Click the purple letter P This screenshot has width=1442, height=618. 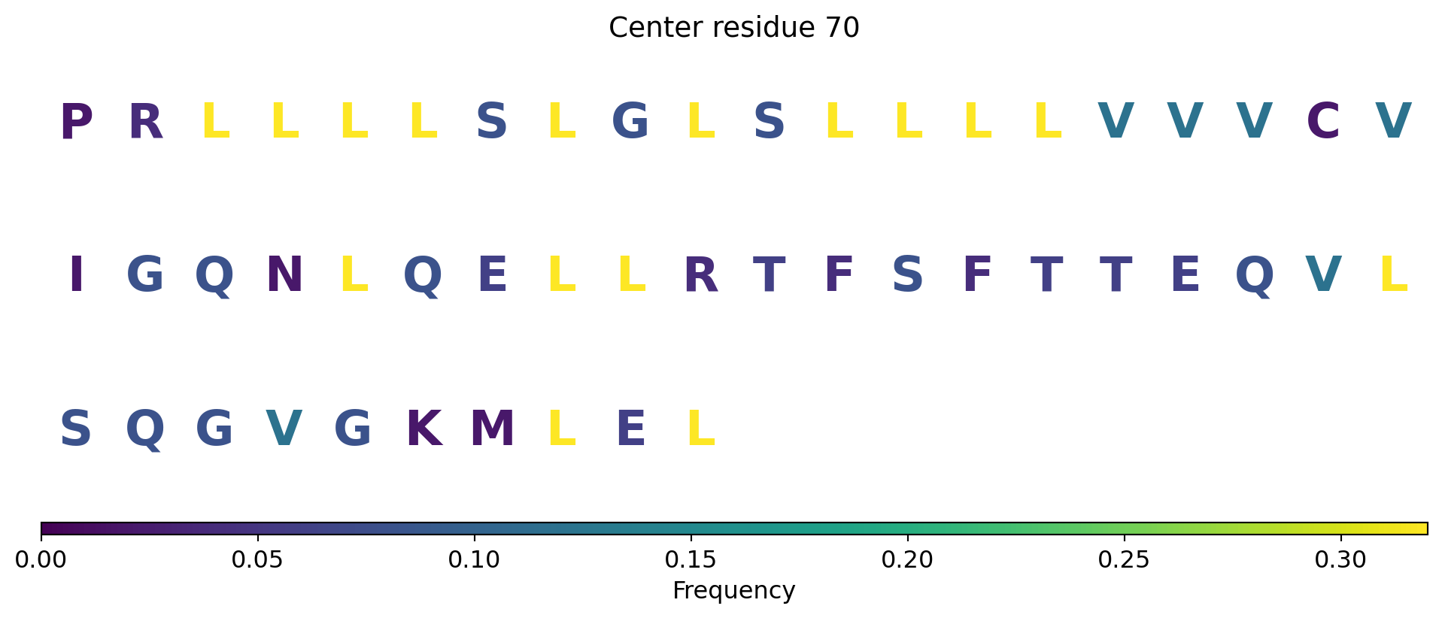coord(76,122)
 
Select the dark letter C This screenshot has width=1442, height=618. coord(1323,122)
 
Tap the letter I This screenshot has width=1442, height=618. coord(76,275)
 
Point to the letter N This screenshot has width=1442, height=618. coord(284,275)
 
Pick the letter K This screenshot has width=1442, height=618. coord(423,429)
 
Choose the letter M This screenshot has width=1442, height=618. coord(493,429)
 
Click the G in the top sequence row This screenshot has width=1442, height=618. coord(630,122)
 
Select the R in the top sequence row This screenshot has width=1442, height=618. coord(146,122)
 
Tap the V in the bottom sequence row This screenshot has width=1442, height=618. coord(284,429)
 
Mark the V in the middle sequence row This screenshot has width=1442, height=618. coord(1323,275)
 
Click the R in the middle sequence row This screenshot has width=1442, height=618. coord(700,275)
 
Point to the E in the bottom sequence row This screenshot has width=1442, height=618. coord(630,429)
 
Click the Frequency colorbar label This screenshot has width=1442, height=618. coord(733,591)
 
